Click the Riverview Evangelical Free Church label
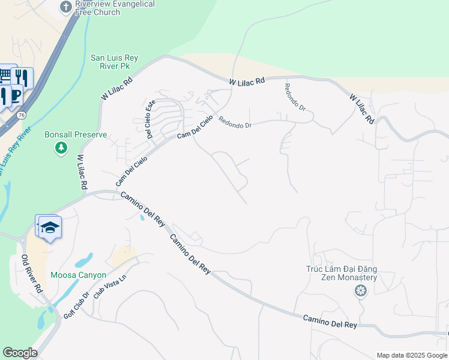click(x=115, y=8)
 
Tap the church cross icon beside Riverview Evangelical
click(x=66, y=7)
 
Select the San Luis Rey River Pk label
click(x=114, y=62)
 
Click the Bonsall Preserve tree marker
click(x=61, y=148)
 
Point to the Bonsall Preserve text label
click(x=76, y=134)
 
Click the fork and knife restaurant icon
click(x=22, y=77)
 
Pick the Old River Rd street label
click(x=32, y=274)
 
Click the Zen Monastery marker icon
click(x=360, y=292)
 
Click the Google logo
click(x=20, y=353)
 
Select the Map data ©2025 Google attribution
click(x=411, y=355)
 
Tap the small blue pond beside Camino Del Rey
click(x=142, y=217)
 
